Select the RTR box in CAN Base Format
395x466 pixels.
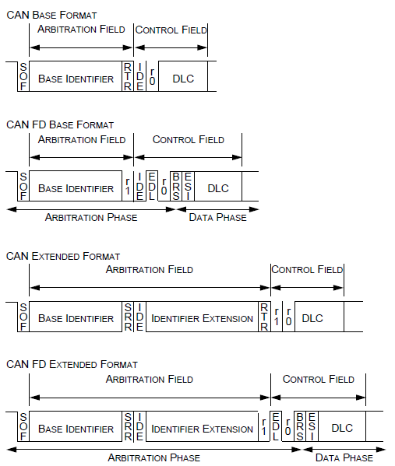(x=128, y=78)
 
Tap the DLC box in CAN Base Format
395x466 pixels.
(x=183, y=79)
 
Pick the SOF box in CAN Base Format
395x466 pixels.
(x=23, y=78)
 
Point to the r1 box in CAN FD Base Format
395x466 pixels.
(x=128, y=187)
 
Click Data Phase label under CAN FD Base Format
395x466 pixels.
(x=217, y=217)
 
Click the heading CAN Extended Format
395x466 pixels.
(x=63, y=256)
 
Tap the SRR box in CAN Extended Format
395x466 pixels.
(x=128, y=318)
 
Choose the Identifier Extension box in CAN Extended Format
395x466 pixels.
(x=202, y=319)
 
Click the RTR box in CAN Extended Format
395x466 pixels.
(x=264, y=318)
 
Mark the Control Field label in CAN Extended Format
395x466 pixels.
(x=307, y=270)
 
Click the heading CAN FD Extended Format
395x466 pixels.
(x=72, y=364)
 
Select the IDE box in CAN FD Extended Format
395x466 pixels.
(x=139, y=428)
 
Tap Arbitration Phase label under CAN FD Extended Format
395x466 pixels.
(x=153, y=457)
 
